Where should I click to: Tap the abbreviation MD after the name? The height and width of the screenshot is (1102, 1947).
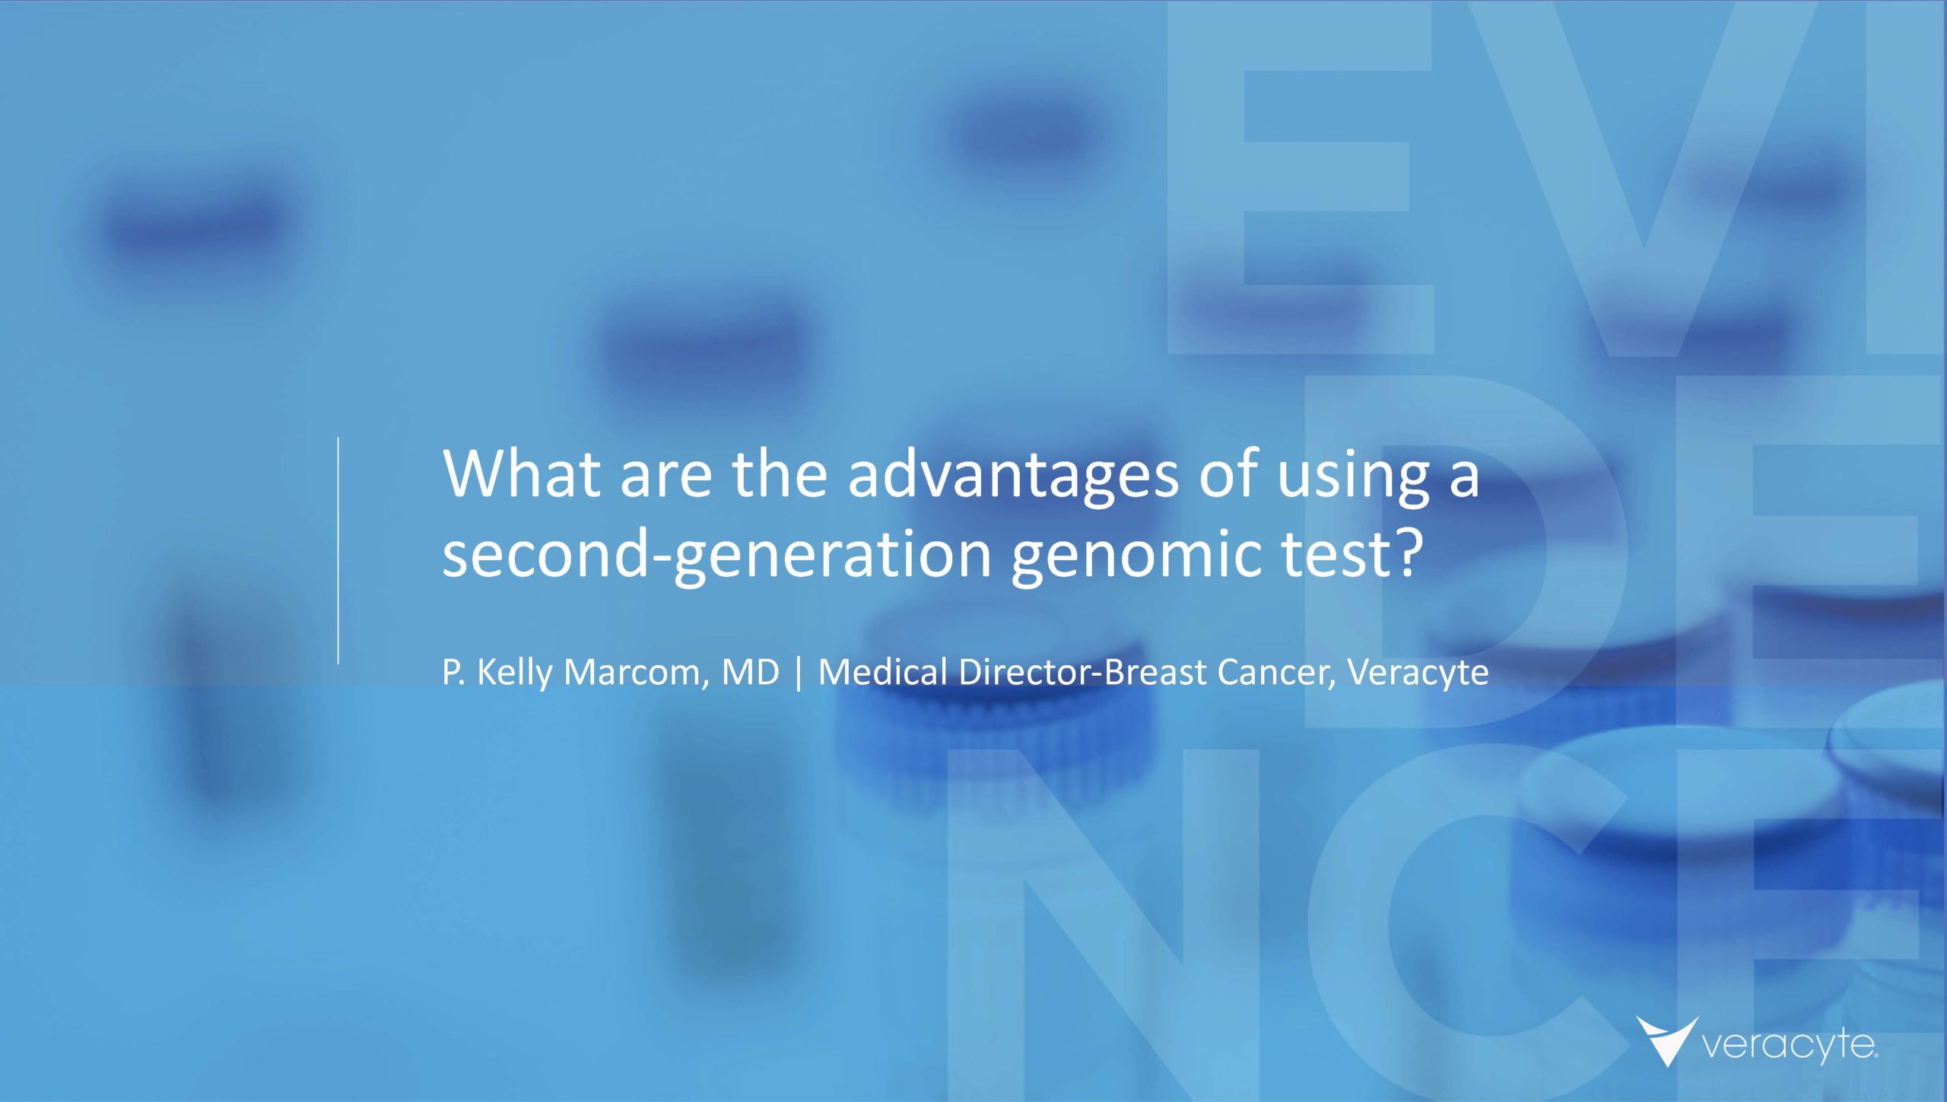point(751,672)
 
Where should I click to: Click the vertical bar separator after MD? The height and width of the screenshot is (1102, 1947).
point(799,674)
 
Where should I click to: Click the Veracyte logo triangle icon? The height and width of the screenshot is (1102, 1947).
point(1667,1040)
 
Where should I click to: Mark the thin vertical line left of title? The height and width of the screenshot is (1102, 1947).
point(338,551)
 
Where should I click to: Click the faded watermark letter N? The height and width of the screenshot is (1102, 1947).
point(1103,925)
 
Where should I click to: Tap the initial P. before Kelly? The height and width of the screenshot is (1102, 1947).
point(454,672)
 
